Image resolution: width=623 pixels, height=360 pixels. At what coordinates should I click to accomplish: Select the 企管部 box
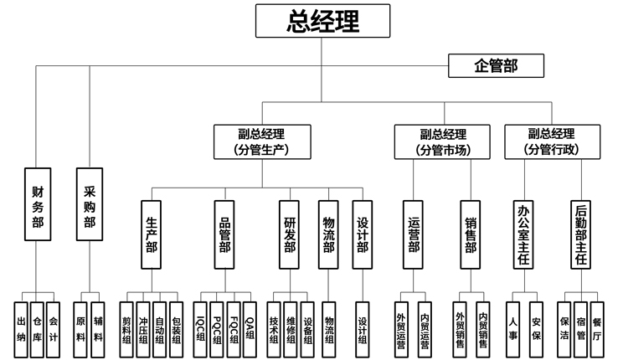pos(497,66)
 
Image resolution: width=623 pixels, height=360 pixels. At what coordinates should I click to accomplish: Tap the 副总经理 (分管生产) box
pos(262,141)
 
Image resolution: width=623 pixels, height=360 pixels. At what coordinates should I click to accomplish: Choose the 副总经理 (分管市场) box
pos(443,141)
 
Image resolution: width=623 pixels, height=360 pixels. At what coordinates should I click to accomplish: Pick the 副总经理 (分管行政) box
pos(552,141)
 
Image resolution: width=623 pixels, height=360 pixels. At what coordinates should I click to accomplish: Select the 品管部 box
pos(224,234)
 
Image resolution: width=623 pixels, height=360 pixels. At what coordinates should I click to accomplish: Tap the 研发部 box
pos(290,234)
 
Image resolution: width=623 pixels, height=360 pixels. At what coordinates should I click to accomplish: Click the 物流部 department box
pos(329,234)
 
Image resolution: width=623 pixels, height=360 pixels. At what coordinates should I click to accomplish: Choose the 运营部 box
pos(414,234)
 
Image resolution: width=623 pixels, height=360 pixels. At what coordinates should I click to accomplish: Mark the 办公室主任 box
pos(525,234)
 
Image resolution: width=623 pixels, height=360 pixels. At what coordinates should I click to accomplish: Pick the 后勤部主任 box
pos(582,234)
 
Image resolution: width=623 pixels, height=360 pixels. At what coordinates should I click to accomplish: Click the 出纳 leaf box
pos(21,326)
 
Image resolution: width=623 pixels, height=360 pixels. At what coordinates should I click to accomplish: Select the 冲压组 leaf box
pos(143,326)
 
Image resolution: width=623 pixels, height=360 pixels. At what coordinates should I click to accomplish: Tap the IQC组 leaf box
pos(201,326)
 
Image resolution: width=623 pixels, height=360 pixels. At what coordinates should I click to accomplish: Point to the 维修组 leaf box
pos(291,326)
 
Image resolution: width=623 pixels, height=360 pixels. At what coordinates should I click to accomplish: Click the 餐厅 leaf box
pos(596,326)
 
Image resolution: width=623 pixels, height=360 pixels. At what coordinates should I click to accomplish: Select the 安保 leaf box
pos(536,326)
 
